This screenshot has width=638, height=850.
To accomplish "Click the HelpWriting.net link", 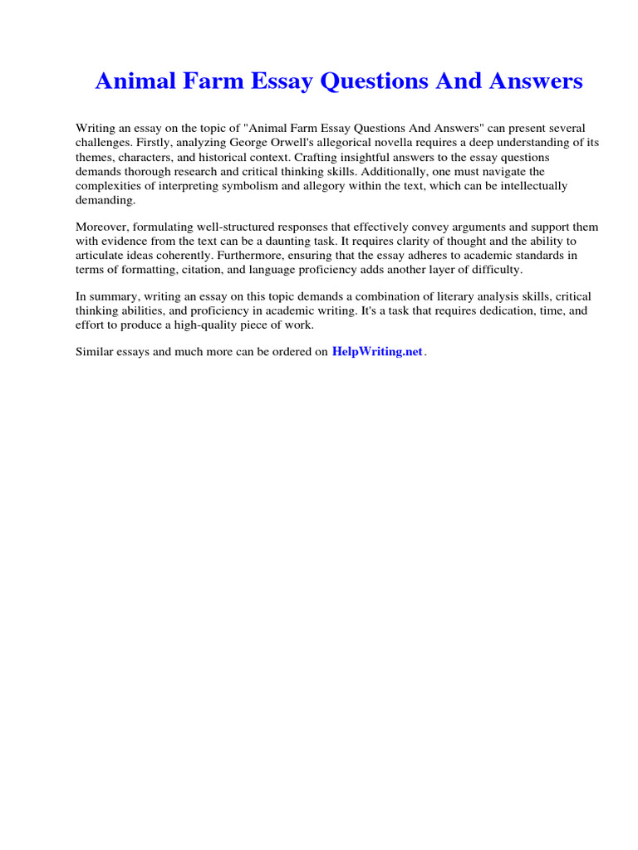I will pos(377,351).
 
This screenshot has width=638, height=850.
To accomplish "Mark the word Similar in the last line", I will pos(96,352).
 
